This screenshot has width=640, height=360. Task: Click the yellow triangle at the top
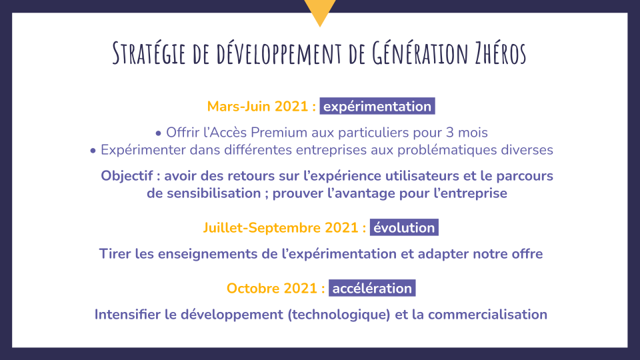pyautogui.click(x=320, y=10)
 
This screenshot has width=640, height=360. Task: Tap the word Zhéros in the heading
pyautogui.click(x=501, y=53)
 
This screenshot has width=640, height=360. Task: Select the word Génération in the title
pyautogui.click(x=419, y=53)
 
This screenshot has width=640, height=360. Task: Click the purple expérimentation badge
pyautogui.click(x=377, y=106)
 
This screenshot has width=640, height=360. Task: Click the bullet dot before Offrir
pyautogui.click(x=159, y=133)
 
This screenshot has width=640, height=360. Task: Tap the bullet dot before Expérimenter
pyautogui.click(x=93, y=151)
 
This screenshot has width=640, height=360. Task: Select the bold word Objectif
pyautogui.click(x=127, y=176)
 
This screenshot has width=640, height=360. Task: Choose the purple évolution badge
pyautogui.click(x=404, y=227)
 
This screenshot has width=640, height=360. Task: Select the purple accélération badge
pyautogui.click(x=372, y=288)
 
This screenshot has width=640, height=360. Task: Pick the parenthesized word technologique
pyautogui.click(x=339, y=315)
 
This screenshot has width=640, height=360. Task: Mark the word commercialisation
pyautogui.click(x=487, y=315)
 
